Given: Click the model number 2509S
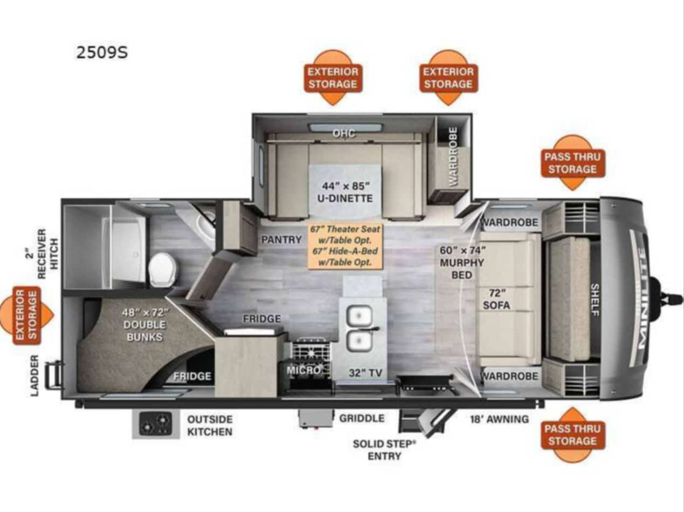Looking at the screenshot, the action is click(102, 52).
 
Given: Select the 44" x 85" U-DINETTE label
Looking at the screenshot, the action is click(346, 192).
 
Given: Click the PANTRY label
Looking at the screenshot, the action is click(281, 240).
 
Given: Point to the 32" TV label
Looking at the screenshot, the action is click(365, 372).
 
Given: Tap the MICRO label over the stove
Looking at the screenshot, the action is click(303, 370).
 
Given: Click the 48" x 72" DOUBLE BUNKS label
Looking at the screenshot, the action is click(145, 324).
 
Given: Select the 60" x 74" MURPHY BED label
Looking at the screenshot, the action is click(462, 263).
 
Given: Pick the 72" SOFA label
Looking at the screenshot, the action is click(496, 299).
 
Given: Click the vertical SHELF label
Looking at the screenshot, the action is click(595, 300).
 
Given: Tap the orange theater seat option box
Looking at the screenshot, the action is click(345, 245).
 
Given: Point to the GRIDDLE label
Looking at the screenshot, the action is click(362, 418).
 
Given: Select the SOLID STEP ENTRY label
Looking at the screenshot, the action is click(384, 449).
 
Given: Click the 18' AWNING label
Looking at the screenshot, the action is click(499, 419).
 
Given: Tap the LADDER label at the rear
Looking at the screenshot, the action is click(34, 376).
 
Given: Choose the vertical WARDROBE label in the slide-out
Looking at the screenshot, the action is click(453, 157).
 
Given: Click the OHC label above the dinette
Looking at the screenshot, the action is click(343, 133).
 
